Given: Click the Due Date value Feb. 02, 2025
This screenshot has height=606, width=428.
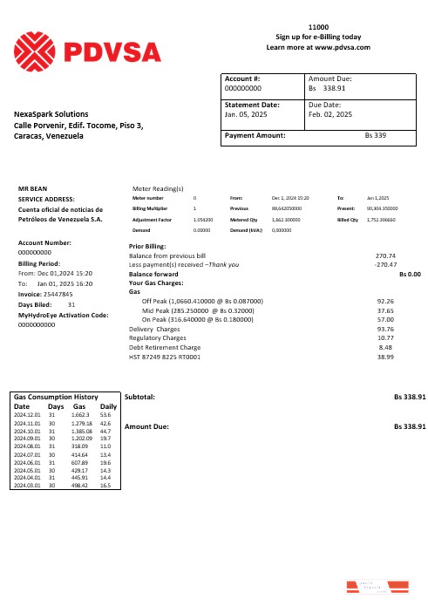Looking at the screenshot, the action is [330, 114].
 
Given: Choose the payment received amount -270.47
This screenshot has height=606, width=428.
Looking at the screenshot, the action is [384, 264].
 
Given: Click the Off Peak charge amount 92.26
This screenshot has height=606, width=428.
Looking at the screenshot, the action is [385, 300].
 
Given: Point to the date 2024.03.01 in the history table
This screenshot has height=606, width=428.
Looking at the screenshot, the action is [29, 485].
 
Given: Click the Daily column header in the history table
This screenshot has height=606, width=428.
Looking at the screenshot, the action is [109, 406].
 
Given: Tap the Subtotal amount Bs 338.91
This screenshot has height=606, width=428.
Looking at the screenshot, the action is [409, 397].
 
